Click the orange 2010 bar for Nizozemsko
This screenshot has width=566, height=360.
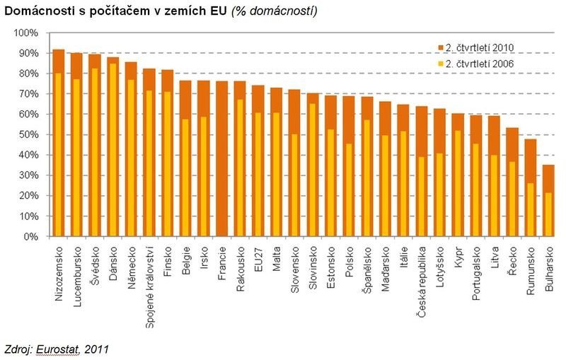59,61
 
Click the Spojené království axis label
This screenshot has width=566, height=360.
149,275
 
